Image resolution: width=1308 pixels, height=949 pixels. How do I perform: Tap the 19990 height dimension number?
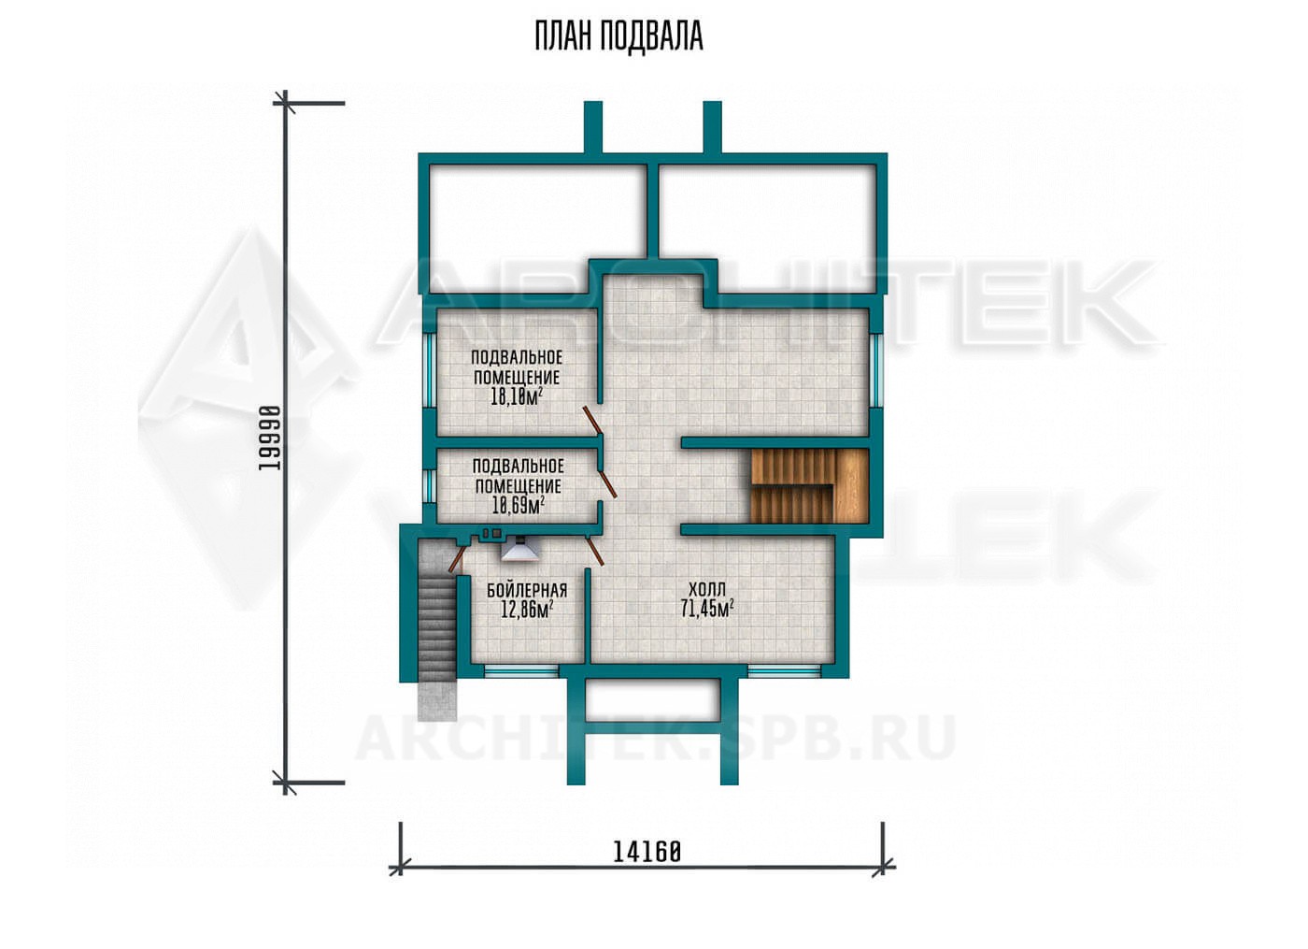(269, 438)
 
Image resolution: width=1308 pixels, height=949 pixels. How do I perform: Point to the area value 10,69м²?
(519, 505)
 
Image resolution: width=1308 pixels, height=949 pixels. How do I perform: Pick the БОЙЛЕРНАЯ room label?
(527, 591)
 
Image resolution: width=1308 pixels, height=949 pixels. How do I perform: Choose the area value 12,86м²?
(527, 610)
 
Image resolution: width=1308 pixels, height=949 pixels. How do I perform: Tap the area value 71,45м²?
(707, 609)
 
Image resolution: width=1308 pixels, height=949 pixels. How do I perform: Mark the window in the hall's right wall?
(875, 372)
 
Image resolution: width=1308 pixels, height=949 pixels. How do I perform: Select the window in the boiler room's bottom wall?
(521, 672)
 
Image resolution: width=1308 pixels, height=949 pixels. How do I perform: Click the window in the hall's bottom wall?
(785, 672)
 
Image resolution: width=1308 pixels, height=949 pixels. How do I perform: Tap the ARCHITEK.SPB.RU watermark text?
(655, 739)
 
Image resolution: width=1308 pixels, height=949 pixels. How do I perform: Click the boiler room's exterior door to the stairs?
(456, 558)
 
